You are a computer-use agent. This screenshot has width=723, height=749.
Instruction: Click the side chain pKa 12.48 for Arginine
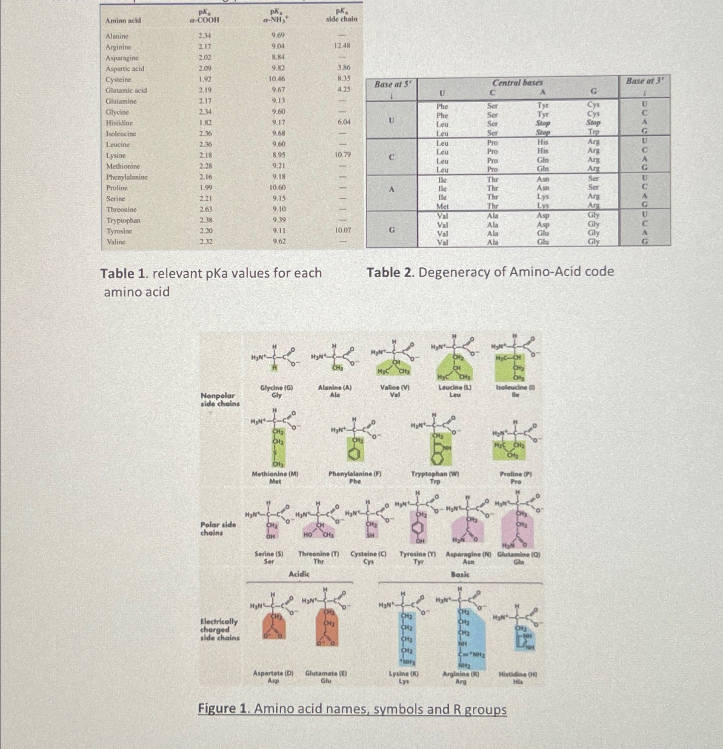(342, 46)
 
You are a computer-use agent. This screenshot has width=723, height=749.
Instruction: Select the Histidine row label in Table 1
(119, 123)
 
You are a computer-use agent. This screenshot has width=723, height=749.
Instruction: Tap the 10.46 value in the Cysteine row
(277, 79)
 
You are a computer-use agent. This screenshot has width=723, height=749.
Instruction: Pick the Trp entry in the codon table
(593, 132)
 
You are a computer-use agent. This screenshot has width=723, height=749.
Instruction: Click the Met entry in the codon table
(443, 206)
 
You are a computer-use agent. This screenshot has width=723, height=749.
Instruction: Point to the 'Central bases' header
(517, 83)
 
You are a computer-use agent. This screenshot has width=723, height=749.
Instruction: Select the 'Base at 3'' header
(644, 81)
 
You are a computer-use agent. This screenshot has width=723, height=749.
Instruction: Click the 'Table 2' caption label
(390, 272)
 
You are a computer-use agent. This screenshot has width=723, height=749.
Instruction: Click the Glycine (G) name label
(277, 388)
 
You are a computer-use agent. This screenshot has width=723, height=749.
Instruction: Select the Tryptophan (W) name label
(435, 474)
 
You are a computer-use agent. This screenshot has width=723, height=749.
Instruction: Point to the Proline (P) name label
(516, 474)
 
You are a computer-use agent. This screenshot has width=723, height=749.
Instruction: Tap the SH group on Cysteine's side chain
(371, 535)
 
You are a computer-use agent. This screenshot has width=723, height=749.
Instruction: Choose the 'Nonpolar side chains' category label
(220, 399)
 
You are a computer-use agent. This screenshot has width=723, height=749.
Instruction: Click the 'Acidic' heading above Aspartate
(299, 574)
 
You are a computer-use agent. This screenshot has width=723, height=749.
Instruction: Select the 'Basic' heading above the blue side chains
(460, 574)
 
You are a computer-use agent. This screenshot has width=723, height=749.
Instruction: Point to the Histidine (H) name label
(518, 674)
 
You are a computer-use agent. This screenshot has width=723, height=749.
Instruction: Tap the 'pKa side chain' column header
(341, 15)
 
